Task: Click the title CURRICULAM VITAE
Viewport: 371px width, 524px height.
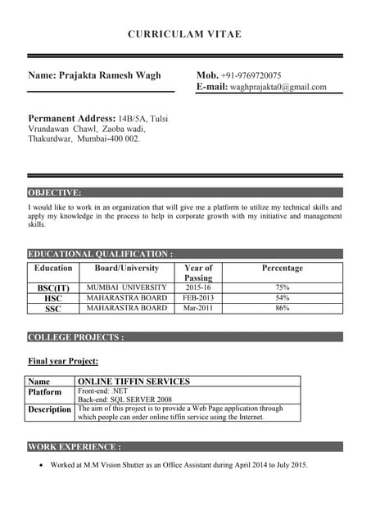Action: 184,34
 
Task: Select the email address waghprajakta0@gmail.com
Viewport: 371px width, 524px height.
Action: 278,87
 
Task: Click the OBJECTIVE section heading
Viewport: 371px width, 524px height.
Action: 55,192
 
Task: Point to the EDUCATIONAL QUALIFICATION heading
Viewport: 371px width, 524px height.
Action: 101,254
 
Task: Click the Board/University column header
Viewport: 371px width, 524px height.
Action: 127,268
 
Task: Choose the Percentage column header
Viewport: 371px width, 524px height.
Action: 282,268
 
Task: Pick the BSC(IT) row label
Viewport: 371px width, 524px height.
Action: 53,288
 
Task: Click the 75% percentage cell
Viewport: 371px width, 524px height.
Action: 282,288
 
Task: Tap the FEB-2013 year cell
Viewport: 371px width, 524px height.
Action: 198,298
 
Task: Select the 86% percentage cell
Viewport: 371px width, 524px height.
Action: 282,309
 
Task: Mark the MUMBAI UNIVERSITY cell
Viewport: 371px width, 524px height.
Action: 127,288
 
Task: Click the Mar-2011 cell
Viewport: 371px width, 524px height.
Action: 198,309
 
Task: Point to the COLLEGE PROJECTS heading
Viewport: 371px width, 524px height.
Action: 76,337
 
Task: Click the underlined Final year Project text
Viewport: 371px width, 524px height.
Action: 63,361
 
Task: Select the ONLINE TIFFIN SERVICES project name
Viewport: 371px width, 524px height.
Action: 133,382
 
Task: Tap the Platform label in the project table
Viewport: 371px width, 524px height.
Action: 45,392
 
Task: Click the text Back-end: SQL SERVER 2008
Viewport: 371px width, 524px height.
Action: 124,399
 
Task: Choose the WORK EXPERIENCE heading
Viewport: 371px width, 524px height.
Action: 75,447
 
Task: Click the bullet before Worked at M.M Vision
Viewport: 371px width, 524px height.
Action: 41,466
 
